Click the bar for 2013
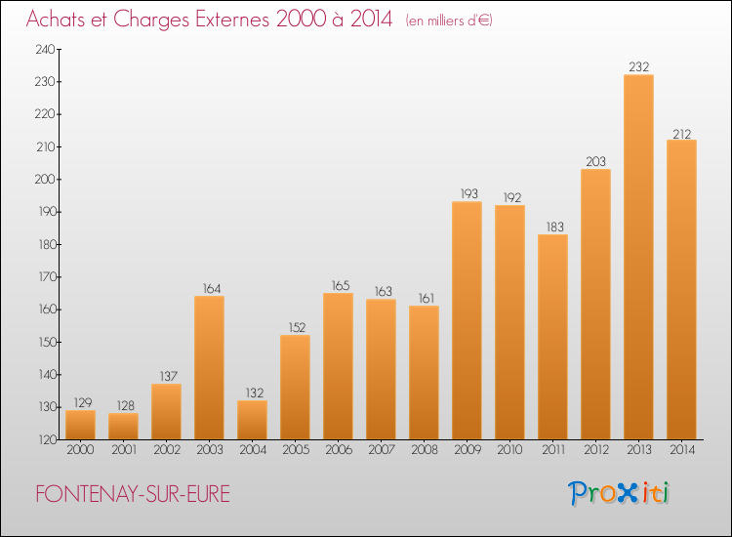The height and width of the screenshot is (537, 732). [x=638, y=257]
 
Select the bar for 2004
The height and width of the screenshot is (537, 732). [x=252, y=420]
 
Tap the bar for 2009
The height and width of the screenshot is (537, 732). [x=467, y=320]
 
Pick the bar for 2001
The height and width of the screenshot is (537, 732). [x=123, y=427]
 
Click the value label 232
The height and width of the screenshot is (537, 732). [x=638, y=66]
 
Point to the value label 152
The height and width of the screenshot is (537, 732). [x=297, y=327]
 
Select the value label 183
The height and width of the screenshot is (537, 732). [x=554, y=227]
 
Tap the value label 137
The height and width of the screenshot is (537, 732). [x=168, y=376]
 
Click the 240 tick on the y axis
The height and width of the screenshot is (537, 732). [x=45, y=49]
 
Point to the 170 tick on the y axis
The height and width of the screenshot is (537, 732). [x=47, y=277]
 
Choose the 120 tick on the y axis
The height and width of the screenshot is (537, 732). [x=47, y=439]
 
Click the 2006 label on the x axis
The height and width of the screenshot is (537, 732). [x=339, y=449]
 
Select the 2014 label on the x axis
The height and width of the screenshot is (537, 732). [x=682, y=449]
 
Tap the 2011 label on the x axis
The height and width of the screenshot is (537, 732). [x=553, y=449]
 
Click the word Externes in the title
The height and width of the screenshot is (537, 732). [x=232, y=20]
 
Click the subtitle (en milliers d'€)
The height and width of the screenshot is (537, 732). [x=449, y=21]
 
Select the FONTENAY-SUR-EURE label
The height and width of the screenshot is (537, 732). [x=133, y=494]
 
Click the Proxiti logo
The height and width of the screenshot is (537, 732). [x=619, y=493]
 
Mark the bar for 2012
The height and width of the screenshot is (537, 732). [x=595, y=304]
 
